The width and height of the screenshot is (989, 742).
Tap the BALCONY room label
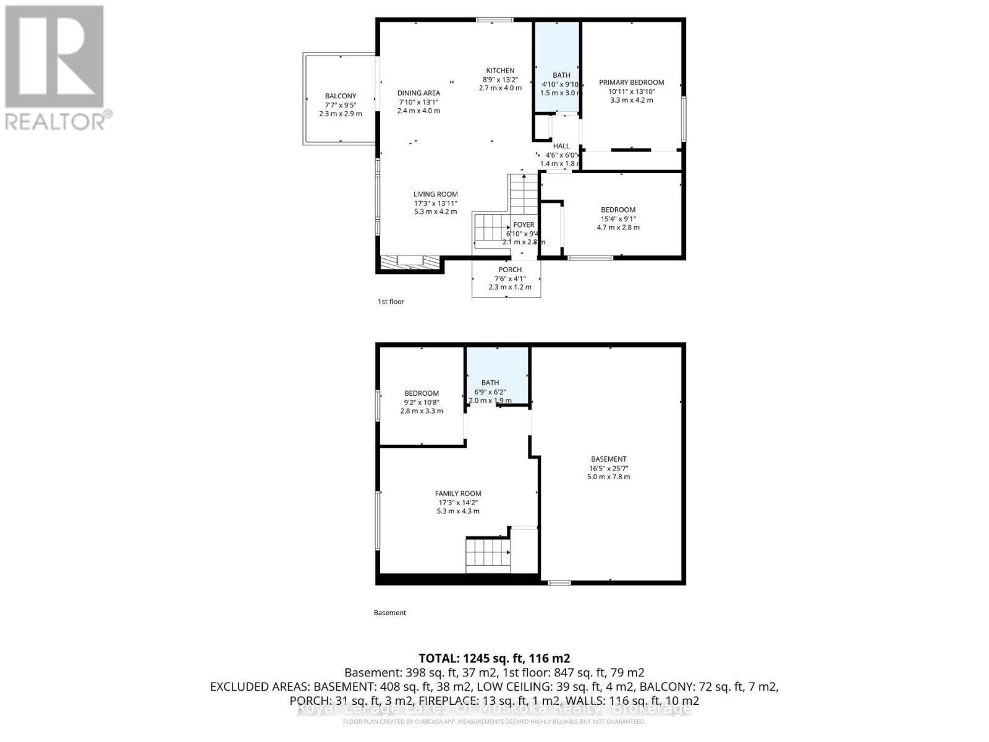341,96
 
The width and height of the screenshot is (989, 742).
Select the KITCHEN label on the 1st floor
499,70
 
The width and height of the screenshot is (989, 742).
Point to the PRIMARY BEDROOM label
631,82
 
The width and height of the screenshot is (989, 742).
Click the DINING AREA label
418,93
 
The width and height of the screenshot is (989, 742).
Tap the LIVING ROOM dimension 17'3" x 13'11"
436,203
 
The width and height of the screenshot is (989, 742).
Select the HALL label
561,147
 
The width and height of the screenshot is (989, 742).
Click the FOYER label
524,225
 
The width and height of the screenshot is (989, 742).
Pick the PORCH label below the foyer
510,270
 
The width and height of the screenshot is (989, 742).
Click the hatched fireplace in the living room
410,262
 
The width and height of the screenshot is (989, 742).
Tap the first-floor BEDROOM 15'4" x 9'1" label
618,210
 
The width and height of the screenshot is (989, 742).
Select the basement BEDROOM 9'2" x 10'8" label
422,393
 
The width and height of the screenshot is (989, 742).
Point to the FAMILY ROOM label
458,493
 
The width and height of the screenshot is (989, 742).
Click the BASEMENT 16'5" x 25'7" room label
609,459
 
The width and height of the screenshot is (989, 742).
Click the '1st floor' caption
391,302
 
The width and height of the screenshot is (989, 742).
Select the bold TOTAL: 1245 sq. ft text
494,658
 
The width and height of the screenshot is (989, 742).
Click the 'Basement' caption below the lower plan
390,613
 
